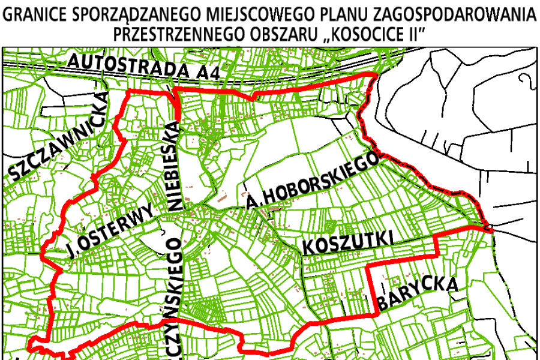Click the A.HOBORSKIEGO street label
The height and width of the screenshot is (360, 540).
(312, 181)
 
